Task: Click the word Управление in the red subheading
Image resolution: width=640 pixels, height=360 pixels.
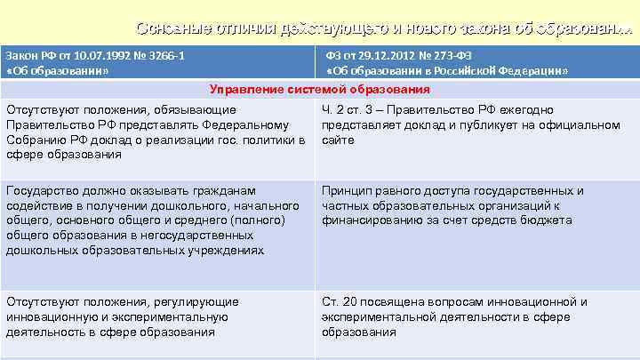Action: [244, 90]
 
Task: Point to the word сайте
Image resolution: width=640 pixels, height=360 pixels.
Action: [338, 140]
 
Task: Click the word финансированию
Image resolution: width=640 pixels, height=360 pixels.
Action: [369, 220]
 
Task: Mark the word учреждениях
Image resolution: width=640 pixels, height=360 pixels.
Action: [224, 250]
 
